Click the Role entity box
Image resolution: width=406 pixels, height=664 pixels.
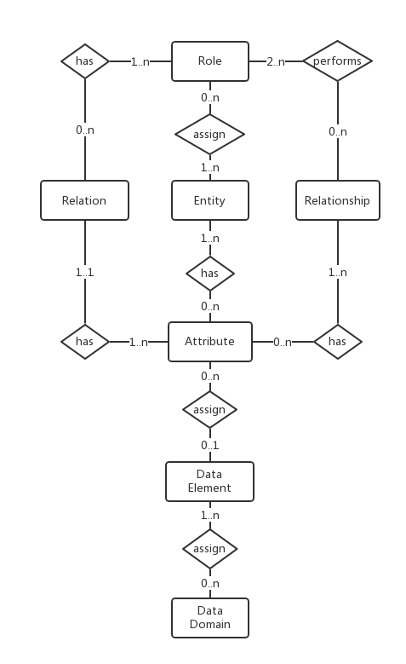[210, 61]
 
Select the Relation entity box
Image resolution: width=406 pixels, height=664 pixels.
[84, 200]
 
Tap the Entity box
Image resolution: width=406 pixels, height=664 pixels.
[210, 200]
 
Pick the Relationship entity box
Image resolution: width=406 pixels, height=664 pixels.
[338, 200]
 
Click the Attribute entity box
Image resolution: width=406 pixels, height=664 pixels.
[210, 342]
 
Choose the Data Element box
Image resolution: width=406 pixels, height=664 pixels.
[209, 482]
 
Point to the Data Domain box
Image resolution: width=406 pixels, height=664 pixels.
[210, 618]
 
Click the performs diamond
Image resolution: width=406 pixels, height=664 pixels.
[338, 61]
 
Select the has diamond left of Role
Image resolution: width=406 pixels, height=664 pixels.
[85, 61]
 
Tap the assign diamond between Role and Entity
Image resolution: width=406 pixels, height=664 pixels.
[209, 134]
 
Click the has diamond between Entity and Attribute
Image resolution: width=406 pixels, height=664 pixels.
[210, 273]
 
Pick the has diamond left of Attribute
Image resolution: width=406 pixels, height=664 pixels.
[85, 342]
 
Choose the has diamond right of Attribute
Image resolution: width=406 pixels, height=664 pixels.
[338, 342]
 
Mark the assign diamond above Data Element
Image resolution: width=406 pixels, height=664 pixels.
[209, 409]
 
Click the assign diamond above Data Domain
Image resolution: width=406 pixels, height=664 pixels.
[209, 549]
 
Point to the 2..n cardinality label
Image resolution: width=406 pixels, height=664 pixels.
[276, 62]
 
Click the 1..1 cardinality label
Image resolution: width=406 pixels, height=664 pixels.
[85, 272]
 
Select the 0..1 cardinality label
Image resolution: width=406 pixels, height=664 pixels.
[210, 445]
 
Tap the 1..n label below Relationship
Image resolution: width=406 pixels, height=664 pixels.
[338, 272]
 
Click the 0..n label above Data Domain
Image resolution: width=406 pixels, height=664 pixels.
[210, 583]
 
